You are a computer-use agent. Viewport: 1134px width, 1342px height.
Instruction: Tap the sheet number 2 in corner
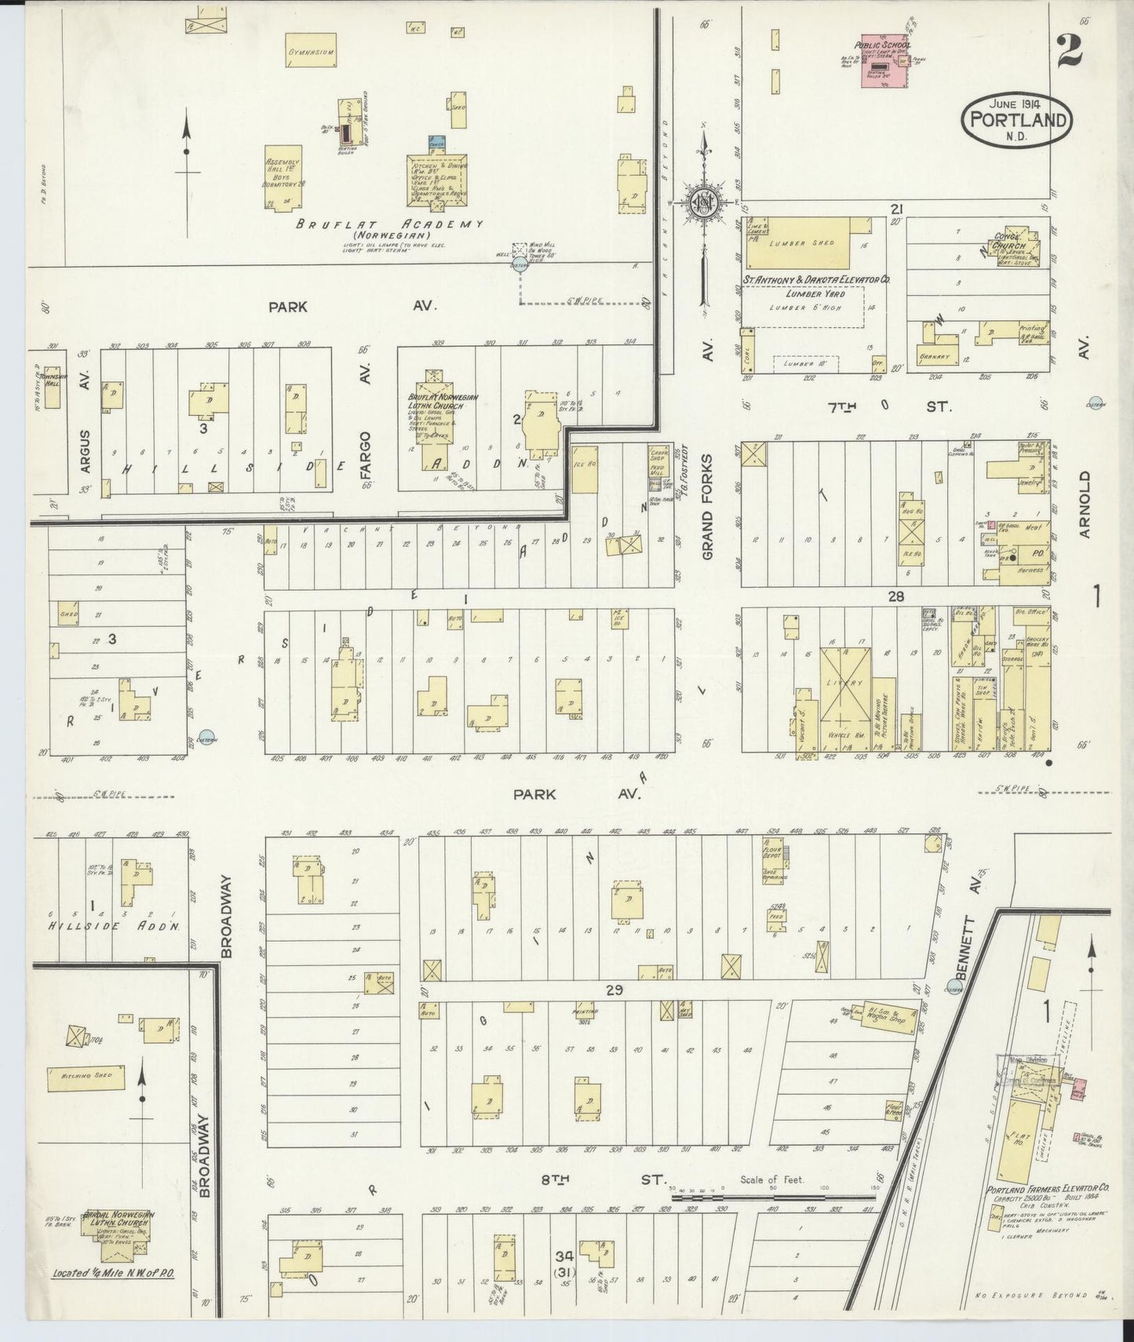pyautogui.click(x=1068, y=49)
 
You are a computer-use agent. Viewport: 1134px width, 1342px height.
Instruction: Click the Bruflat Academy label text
pyautogui.click(x=388, y=224)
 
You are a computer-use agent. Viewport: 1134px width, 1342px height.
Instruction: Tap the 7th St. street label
pyautogui.click(x=890, y=407)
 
